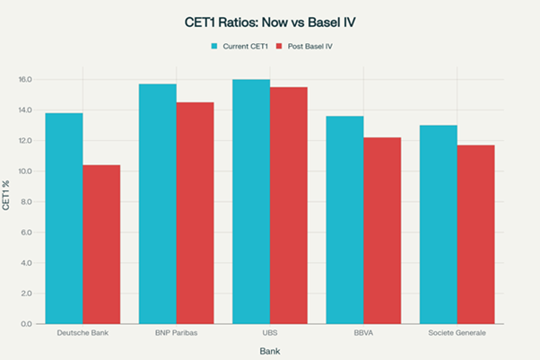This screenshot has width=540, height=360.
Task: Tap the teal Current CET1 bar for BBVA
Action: pos(344,220)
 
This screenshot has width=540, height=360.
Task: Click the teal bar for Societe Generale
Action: pos(438,224)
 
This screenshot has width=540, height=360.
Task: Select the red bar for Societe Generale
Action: pos(475,234)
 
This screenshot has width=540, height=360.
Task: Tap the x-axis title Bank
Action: pos(269,350)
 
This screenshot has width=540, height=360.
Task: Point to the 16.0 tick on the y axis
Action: pos(25,80)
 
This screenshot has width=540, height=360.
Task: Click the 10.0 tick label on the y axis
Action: pos(25,171)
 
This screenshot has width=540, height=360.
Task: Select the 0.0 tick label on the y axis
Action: pos(27,323)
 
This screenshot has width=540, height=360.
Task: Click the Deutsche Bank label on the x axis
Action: pos(83,333)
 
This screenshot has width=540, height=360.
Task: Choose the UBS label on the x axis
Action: pos(269,333)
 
